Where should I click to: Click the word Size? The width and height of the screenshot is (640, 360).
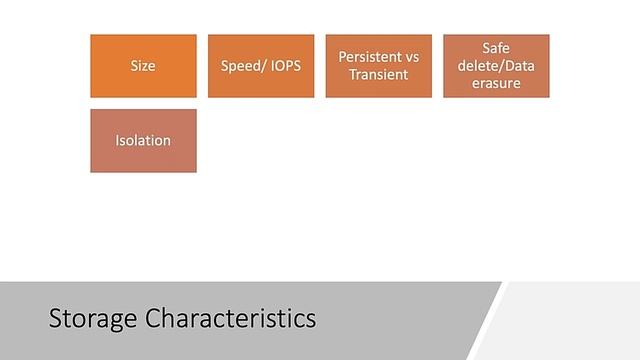pyautogui.click(x=143, y=66)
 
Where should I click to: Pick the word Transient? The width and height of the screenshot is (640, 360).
pyautogui.click(x=379, y=75)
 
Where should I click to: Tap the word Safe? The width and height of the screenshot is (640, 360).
pyautogui.click(x=496, y=48)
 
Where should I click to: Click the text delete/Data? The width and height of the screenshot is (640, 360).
pyautogui.click(x=496, y=66)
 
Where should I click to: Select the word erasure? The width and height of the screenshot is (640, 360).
pyautogui.click(x=496, y=83)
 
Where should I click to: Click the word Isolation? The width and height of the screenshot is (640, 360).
pyautogui.click(x=143, y=141)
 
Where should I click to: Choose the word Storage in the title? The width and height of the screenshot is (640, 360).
pyautogui.click(x=94, y=319)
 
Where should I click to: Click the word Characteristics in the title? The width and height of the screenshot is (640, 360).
pyautogui.click(x=231, y=319)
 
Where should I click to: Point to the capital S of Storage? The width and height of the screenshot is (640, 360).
pyautogui.click(x=56, y=319)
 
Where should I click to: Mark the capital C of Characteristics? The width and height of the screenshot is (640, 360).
pyautogui.click(x=153, y=319)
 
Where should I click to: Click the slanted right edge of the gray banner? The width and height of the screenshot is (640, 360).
pyautogui.click(x=485, y=320)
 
